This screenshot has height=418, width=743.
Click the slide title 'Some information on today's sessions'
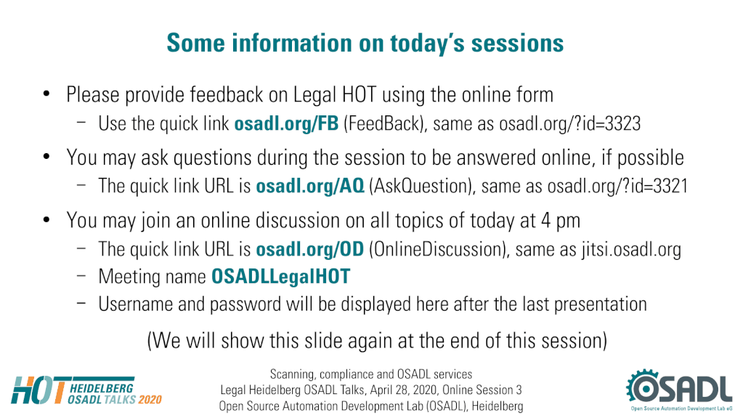click(365, 44)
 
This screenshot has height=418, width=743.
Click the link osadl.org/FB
click(286, 123)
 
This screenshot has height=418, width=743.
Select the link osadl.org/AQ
click(310, 186)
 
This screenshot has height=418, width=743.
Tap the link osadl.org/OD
click(310, 249)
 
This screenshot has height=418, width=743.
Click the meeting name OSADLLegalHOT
click(280, 276)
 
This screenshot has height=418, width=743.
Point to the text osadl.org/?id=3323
click(569, 124)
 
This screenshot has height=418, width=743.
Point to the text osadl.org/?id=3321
click(617, 186)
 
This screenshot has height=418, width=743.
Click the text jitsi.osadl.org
click(632, 250)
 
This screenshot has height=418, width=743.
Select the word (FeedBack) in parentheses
click(383, 124)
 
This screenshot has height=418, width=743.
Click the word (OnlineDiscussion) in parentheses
click(439, 250)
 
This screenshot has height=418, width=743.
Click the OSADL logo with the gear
click(679, 389)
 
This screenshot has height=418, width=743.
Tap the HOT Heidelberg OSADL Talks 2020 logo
click(86, 390)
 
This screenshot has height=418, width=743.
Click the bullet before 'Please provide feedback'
click(46, 94)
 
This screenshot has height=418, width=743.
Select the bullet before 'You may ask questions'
click(46, 156)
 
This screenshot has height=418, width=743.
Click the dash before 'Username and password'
click(81, 303)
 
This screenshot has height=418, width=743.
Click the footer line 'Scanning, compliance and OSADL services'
click(371, 374)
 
